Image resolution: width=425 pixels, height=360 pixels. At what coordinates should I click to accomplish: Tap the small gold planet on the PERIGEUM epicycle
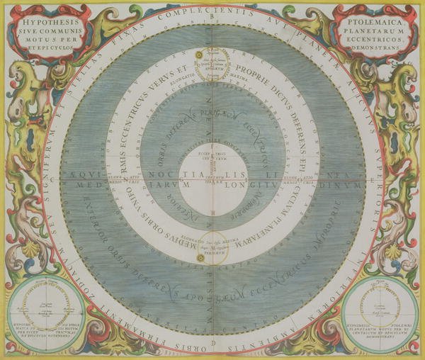[x=200, y=257]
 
